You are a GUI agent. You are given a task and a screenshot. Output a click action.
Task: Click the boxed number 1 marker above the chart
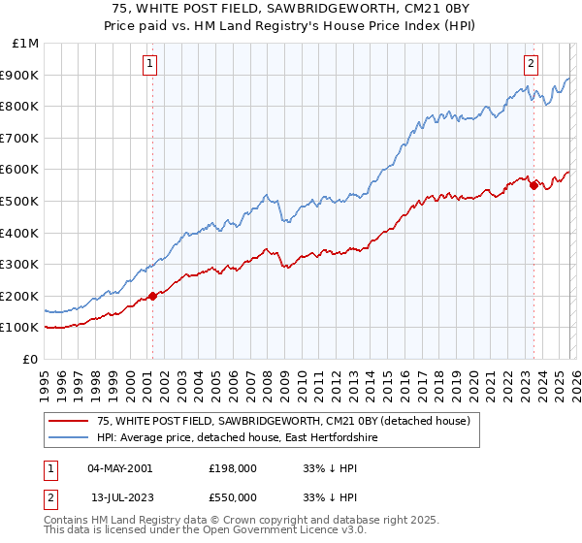coord(151,65)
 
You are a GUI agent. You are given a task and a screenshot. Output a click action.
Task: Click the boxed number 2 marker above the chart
coord(532,65)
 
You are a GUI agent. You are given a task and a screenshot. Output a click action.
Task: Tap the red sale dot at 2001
coord(152,296)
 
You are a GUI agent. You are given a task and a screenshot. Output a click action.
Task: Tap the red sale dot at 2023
coord(533,185)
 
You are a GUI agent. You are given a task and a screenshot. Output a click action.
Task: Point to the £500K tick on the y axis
coord(19,201)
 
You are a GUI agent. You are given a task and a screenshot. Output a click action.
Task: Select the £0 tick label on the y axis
coord(29,359)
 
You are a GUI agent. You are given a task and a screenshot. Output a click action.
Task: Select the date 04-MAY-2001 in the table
coord(119,467)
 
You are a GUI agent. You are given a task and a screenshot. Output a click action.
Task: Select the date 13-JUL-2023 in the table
coord(118,496)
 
